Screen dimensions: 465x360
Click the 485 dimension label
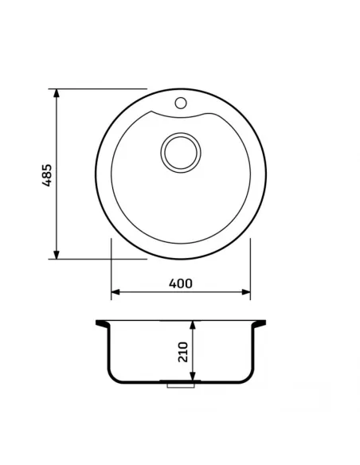(x=47, y=174)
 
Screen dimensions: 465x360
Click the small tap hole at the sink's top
(x=181, y=103)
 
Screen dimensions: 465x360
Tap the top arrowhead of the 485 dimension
(x=57, y=93)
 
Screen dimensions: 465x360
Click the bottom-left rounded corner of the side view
(x=112, y=377)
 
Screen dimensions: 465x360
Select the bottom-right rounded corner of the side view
(x=249, y=377)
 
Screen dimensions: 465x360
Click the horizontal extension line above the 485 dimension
(x=96, y=88)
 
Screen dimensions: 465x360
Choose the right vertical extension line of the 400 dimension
(x=251, y=267)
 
